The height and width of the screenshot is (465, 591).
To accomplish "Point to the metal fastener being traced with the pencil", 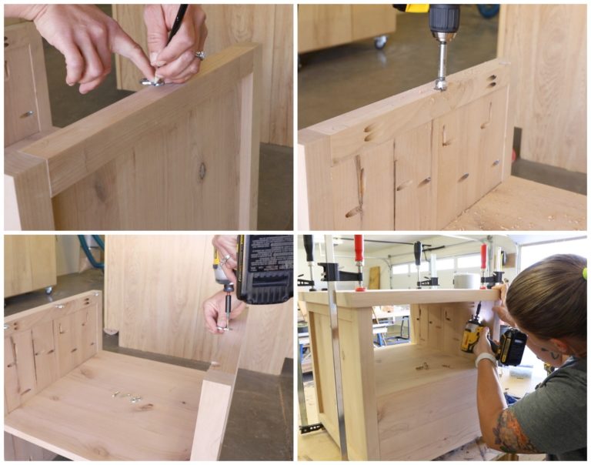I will coord(152,80).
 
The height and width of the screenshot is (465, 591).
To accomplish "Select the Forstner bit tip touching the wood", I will coord(440,82).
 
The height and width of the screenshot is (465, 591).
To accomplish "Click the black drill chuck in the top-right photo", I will coord(444,18).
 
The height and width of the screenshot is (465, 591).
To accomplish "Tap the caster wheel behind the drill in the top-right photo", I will coord(380,42).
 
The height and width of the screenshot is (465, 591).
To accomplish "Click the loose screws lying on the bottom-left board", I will coord(126,397).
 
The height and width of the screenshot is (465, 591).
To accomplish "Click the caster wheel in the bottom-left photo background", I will coord(48,290).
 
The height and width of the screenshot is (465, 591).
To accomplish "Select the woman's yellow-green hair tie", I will coord(585,273).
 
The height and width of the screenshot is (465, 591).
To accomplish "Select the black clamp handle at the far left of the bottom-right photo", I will coord(309,249).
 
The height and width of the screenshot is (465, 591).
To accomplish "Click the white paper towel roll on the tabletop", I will coord(464,280).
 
